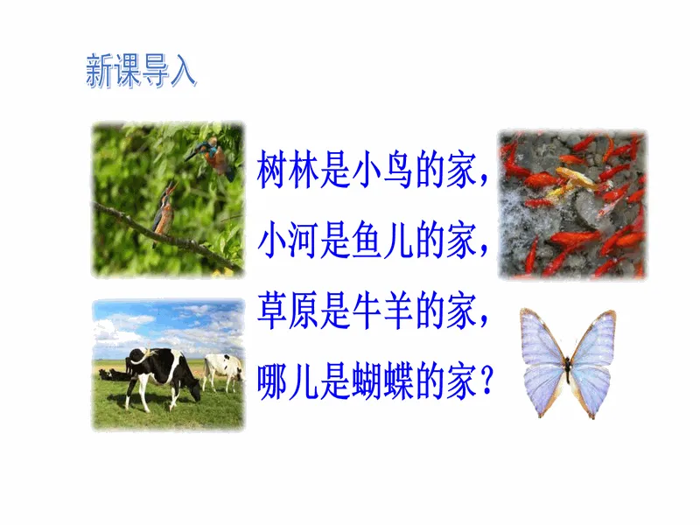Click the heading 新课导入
click(x=141, y=70)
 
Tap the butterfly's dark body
click(x=568, y=368)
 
